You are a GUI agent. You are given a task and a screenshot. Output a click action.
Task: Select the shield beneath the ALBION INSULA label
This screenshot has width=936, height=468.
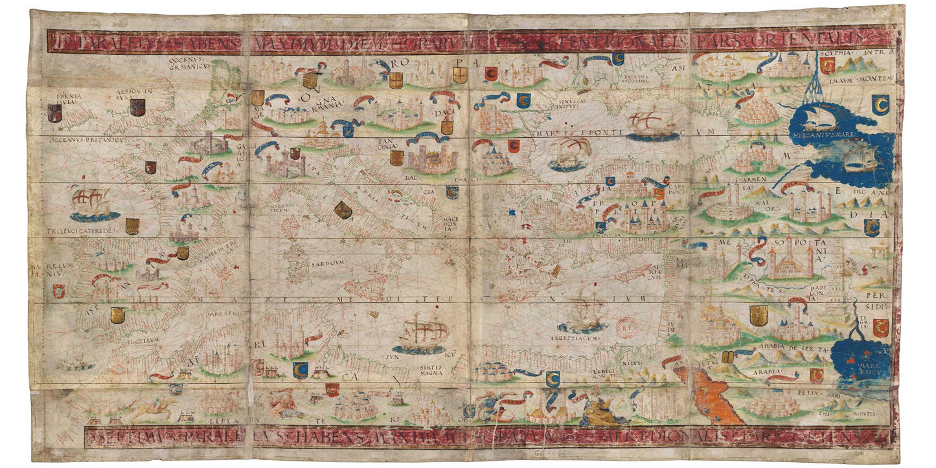point(136,107)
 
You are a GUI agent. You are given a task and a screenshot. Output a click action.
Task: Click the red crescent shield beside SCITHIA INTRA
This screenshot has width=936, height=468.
point(827,65)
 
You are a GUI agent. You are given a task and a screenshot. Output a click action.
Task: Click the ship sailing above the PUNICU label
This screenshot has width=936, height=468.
point(420,335)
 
